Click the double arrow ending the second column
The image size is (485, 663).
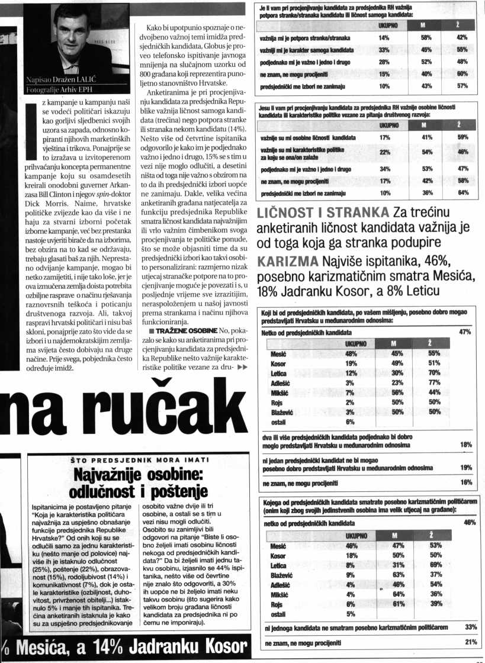coord(242,366)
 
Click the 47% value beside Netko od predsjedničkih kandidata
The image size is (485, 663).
coord(465,332)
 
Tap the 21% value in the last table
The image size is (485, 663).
coord(471,642)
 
